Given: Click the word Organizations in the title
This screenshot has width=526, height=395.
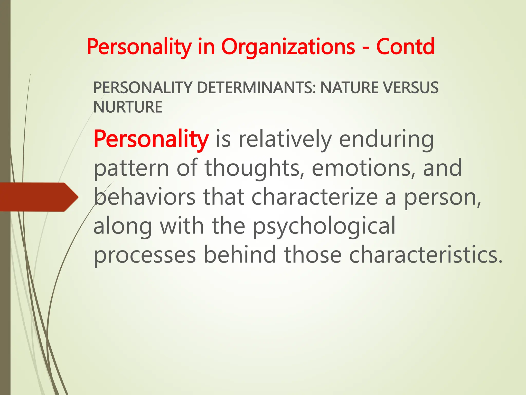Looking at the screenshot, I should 288,47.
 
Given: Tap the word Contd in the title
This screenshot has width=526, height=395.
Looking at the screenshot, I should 405,47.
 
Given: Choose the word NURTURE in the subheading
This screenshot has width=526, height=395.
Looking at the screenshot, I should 128,107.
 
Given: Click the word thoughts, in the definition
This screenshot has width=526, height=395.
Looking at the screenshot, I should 255,168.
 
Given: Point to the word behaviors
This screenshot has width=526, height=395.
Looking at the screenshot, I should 145,197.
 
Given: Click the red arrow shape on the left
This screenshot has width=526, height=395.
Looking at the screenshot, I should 39,197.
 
